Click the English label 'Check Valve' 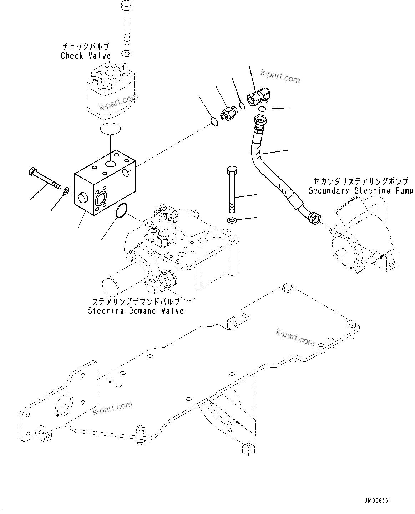[x=86, y=56]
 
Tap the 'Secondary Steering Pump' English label [x=360, y=190]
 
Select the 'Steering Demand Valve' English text [x=136, y=311]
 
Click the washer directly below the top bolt [x=127, y=54]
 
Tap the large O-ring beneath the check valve [x=110, y=128]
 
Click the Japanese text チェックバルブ [x=86, y=46]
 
